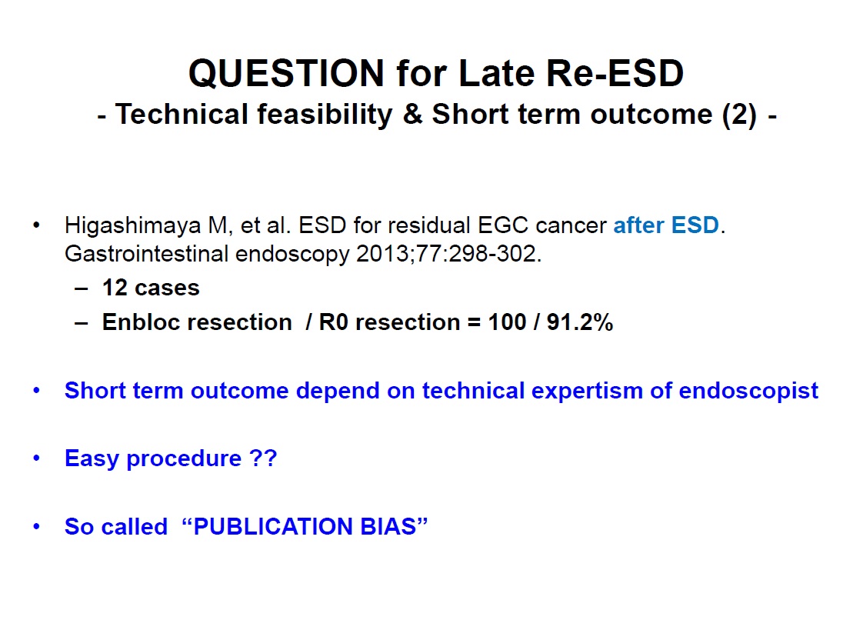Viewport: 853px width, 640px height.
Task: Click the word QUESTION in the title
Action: point(286,73)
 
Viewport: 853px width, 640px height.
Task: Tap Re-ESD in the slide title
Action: point(615,73)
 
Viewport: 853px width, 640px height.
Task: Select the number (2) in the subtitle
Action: point(739,115)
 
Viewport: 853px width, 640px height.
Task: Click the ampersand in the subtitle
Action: point(412,115)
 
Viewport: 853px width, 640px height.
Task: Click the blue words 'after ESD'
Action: point(666,225)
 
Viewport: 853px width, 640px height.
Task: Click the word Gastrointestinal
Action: point(147,254)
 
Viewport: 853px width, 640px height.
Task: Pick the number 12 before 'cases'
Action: point(115,288)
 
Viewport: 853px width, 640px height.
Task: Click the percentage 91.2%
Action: point(580,322)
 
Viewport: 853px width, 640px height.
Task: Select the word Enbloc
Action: point(142,322)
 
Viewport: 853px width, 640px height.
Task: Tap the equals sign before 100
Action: point(474,323)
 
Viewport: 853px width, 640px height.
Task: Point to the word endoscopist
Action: point(748,392)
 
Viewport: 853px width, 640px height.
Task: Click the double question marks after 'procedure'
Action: point(263,458)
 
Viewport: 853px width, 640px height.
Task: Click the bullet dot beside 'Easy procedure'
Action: point(36,458)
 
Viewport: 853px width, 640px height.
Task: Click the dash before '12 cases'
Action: point(81,289)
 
